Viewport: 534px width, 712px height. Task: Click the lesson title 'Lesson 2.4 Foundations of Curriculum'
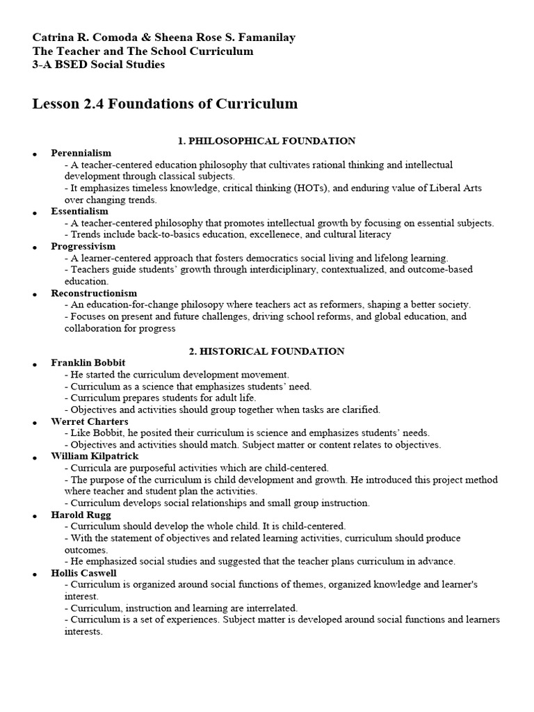(x=165, y=104)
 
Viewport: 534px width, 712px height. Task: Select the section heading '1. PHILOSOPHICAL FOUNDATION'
(x=266, y=141)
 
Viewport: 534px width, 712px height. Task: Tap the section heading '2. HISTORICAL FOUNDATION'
(x=266, y=351)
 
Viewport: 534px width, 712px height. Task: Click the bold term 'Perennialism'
(x=81, y=153)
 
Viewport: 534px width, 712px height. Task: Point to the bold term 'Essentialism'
(x=79, y=211)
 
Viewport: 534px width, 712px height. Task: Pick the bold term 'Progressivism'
(x=83, y=246)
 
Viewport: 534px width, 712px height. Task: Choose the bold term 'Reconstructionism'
(x=94, y=293)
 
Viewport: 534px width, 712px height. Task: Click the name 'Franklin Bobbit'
(x=88, y=363)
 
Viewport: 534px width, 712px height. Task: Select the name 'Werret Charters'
(x=89, y=421)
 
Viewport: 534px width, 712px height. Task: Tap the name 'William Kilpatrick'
(x=95, y=456)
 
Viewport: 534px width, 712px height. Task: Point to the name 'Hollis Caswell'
(x=83, y=574)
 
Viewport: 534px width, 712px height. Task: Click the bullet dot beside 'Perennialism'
(x=34, y=154)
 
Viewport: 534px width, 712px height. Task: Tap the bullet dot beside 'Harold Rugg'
(x=34, y=516)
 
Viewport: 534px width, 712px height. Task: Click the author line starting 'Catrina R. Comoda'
(x=164, y=38)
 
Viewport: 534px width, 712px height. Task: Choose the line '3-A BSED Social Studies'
(x=99, y=65)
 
